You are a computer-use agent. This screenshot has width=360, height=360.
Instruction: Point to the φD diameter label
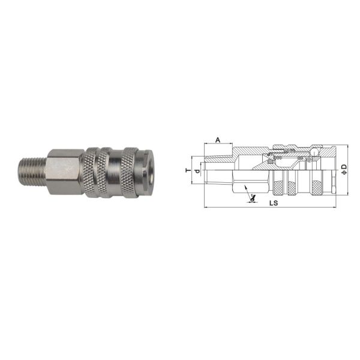(344, 169)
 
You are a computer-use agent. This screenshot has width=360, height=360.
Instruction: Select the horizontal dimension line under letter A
(218, 145)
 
